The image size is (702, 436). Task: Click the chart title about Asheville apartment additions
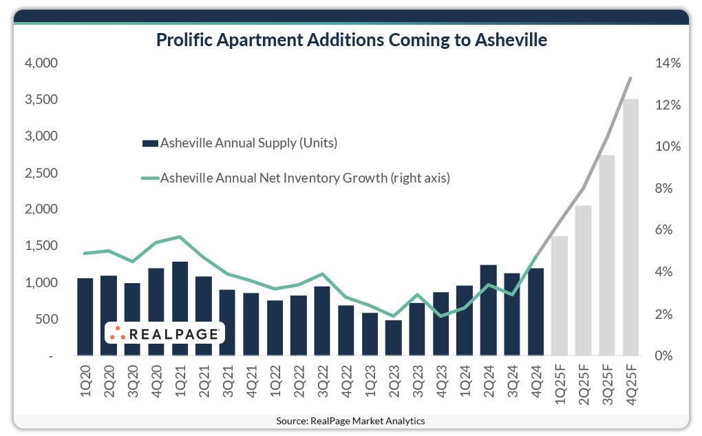pos(351,40)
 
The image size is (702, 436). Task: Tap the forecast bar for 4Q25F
pos(630,227)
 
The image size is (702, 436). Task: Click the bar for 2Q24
pos(488,310)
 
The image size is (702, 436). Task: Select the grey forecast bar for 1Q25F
pos(559,296)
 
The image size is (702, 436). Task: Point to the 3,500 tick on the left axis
pos(41,100)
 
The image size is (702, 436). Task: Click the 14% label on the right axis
pos(667,63)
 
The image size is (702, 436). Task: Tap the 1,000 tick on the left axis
pos(41,283)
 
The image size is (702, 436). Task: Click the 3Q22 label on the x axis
pos(322,382)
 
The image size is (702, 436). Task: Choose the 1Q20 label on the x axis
pos(85,382)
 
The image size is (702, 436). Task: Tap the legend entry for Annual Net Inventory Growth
pos(296,178)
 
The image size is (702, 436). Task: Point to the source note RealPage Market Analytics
pos(351,421)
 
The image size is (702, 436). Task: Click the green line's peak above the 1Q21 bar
pos(180,237)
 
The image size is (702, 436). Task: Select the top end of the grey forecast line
pos(630,78)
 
